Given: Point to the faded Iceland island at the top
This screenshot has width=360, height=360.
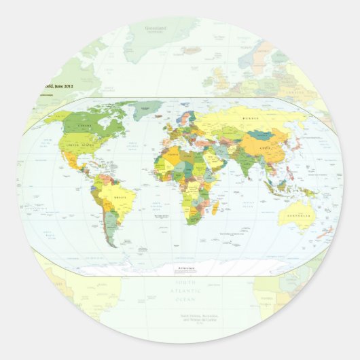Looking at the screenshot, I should coord(192,50).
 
